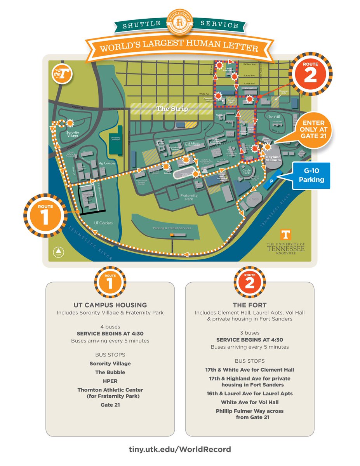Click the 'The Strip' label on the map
click(172, 109)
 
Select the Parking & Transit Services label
click(172, 228)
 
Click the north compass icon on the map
click(59, 252)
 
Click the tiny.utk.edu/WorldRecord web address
click(180, 449)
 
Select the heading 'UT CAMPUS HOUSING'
click(110, 305)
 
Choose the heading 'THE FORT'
click(250, 305)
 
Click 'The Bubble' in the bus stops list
click(110, 372)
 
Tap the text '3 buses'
click(250, 333)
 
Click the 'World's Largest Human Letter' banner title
click(179, 48)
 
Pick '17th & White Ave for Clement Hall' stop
click(250, 370)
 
